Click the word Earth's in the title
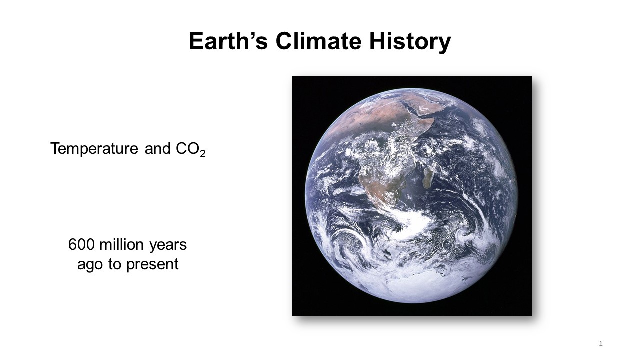[228, 41]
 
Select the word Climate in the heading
[319, 41]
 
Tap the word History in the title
[410, 42]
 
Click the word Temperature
[94, 149]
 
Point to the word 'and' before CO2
[157, 149]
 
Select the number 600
[81, 245]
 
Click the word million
[121, 244]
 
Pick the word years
[168, 245]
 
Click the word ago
[90, 265]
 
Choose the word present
[152, 265]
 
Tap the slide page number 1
[601, 343]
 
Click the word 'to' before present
[115, 264]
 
